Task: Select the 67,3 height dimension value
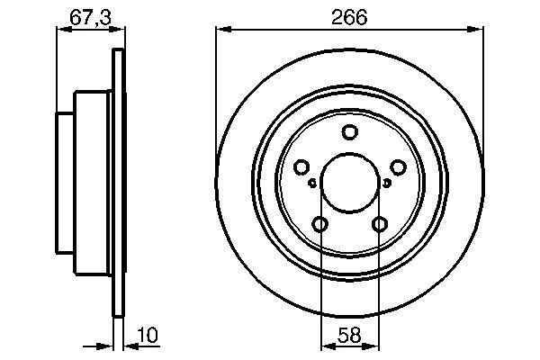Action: pyautogui.click(x=86, y=15)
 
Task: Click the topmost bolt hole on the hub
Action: pyautogui.click(x=350, y=133)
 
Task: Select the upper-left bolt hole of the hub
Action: pyautogui.click(x=302, y=166)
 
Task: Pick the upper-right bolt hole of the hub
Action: pyautogui.click(x=397, y=166)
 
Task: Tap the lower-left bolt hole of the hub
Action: pyautogui.click(x=320, y=223)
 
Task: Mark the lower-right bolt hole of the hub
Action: pyautogui.click(x=379, y=223)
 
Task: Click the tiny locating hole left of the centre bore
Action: pyautogui.click(x=312, y=184)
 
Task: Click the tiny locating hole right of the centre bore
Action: pyautogui.click(x=387, y=184)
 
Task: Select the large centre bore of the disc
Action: pyautogui.click(x=350, y=184)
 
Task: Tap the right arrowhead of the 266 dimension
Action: pyautogui.click(x=479, y=31)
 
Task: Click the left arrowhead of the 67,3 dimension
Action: pyautogui.click(x=61, y=31)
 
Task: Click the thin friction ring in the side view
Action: pyautogui.click(x=116, y=184)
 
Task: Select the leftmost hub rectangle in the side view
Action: pyautogui.click(x=64, y=184)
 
